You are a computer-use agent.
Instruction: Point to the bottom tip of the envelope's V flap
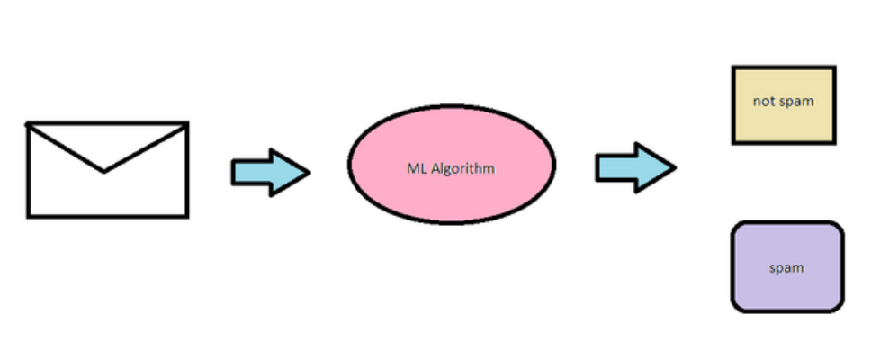coord(104,171)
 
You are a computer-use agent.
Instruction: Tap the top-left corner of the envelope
coord(28,122)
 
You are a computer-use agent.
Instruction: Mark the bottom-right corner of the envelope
coord(187,217)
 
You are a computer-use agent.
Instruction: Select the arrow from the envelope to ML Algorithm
coord(270,171)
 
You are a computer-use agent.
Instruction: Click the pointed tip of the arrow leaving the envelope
coord(309,171)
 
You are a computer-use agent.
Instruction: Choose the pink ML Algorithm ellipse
coord(452,164)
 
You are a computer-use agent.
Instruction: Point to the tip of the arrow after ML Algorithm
coord(674,167)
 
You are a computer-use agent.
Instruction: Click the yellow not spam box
coord(784,104)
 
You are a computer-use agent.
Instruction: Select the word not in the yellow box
coord(764,102)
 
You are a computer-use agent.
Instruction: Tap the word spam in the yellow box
coord(795,102)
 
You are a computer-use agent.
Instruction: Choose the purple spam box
coord(787,267)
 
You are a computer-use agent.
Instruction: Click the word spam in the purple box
coord(786,268)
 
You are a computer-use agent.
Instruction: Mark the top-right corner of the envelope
coord(187,122)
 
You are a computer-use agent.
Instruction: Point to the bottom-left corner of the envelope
coord(28,217)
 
